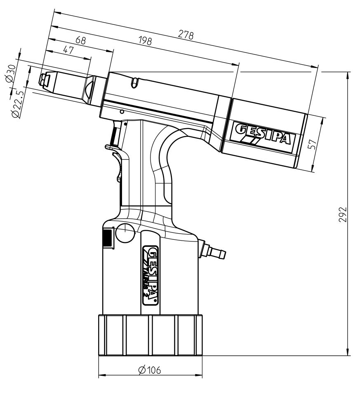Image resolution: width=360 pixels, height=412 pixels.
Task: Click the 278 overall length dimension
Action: pyautogui.click(x=186, y=35)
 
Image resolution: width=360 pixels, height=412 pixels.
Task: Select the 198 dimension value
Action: pyautogui.click(x=145, y=41)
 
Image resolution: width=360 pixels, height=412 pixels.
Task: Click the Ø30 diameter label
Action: pyautogui.click(x=11, y=74)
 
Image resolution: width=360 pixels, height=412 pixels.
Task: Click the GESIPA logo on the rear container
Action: pyautogui.click(x=261, y=134)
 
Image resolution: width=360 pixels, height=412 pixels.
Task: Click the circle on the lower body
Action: pyautogui.click(x=125, y=233)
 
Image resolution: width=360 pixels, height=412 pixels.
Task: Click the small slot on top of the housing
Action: pyautogui.click(x=134, y=82)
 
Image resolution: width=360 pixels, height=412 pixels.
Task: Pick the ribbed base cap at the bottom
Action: pyautogui.click(x=150, y=335)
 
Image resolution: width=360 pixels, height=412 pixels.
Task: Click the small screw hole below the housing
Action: pyautogui.click(x=122, y=112)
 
